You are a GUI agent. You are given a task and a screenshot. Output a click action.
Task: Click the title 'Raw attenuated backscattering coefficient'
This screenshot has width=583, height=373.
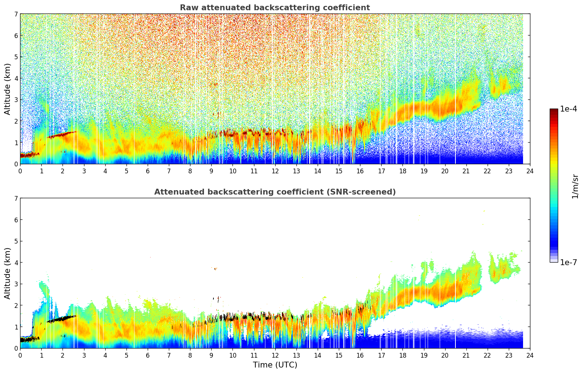[275, 8]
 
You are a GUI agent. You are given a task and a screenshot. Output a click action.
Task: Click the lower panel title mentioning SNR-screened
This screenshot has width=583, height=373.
[275, 192]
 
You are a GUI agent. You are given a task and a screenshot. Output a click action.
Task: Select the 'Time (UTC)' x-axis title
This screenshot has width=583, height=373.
[275, 365]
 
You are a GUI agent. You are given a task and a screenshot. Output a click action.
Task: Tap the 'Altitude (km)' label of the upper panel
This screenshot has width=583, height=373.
[8, 89]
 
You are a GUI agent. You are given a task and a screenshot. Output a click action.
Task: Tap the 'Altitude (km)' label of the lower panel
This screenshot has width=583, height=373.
[8, 273]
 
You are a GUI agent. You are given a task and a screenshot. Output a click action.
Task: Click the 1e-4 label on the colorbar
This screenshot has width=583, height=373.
[568, 109]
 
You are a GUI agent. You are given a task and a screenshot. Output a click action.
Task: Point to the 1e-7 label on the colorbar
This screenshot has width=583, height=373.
[568, 263]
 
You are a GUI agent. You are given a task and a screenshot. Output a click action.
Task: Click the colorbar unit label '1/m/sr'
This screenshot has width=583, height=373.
[575, 186]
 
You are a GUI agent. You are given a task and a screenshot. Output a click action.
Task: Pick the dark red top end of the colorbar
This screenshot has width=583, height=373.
[553, 110]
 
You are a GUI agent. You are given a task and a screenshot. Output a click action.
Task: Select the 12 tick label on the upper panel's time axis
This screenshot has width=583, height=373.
[275, 171]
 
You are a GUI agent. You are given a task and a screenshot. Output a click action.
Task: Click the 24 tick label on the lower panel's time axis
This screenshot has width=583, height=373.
[530, 355]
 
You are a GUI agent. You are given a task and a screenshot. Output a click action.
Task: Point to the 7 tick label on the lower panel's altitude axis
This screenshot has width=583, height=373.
[16, 199]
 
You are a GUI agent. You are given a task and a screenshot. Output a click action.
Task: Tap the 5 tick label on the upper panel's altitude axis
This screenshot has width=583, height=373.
[16, 57]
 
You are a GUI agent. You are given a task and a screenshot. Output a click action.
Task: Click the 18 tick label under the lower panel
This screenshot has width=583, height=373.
[402, 355]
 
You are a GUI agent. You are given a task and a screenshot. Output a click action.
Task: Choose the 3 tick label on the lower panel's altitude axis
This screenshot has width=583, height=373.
[16, 284]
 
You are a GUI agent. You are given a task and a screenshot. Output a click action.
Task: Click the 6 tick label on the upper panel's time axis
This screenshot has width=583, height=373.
[148, 171]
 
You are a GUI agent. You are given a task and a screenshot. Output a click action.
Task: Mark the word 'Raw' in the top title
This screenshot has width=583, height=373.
[187, 8]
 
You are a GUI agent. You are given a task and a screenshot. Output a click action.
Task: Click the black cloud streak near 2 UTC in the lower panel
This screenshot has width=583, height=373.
[58, 319]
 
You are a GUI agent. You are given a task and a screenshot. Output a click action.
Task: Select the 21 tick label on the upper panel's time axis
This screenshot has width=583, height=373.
[466, 171]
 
